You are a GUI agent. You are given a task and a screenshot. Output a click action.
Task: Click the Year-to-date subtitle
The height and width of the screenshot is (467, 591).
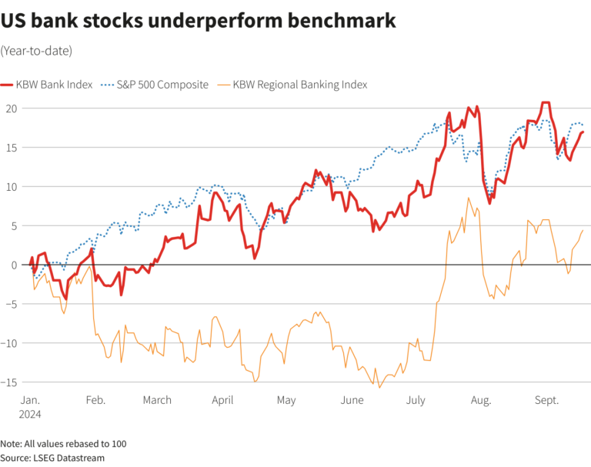pos(36,51)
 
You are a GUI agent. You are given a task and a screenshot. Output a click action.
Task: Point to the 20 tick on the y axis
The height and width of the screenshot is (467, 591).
pos(10,108)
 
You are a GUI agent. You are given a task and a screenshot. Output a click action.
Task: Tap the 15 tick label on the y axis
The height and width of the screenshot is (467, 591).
pos(10,148)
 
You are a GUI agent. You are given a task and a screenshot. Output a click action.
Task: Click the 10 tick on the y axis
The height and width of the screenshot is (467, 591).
pos(10,187)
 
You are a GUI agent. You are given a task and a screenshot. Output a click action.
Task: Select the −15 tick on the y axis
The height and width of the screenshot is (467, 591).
pos(8,382)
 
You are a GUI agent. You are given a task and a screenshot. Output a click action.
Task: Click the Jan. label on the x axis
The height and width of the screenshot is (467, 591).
pos(31,400)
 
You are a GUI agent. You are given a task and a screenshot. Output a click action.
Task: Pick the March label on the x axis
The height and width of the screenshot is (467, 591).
pos(157,400)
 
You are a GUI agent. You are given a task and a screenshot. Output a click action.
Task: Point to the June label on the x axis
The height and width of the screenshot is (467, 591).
pos(351,400)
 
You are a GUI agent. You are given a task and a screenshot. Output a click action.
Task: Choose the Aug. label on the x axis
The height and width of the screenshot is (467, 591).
pos(480,400)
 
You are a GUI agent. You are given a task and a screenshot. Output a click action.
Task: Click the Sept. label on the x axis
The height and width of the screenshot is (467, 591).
pos(546,400)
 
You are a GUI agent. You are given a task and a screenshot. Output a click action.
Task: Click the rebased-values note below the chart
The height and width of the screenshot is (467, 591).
pos(63,444)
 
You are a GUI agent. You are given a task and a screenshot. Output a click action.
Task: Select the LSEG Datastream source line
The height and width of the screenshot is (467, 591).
pos(52,458)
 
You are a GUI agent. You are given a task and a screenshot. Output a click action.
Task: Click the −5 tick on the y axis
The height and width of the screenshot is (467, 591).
pos(10,304)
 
